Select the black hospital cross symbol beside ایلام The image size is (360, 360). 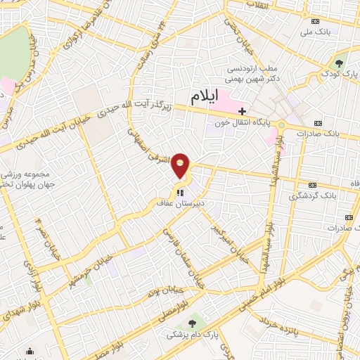coord(242,111)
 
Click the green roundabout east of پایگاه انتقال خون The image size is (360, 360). coord(282,126)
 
